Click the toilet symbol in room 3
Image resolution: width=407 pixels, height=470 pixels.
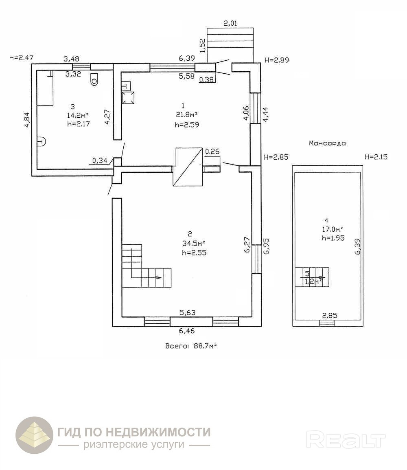[94, 79]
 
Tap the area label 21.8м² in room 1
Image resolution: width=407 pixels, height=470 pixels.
[186, 115]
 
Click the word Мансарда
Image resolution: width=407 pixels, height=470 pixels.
[327, 143]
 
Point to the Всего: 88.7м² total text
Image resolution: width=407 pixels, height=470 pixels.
[190, 346]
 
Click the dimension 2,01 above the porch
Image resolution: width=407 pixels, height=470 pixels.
[230, 23]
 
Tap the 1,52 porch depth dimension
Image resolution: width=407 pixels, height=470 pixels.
[202, 43]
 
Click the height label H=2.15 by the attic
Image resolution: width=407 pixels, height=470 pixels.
[377, 157]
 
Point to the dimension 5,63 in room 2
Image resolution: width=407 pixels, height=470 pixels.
[188, 313]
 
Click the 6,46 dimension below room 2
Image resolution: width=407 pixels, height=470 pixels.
[187, 331]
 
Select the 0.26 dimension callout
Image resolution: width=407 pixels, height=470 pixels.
[212, 152]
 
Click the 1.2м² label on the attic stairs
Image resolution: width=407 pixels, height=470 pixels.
[313, 281]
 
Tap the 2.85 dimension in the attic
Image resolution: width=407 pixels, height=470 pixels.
[330, 315]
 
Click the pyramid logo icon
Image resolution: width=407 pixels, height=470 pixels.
[34, 435]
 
